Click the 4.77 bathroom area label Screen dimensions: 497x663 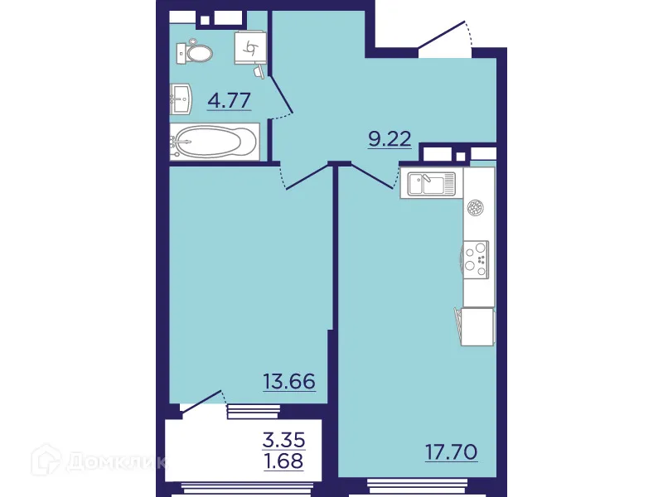pyautogui.click(x=230, y=102)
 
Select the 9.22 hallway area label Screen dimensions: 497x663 pyautogui.click(x=390, y=139)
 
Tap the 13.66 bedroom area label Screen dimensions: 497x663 pyautogui.click(x=289, y=382)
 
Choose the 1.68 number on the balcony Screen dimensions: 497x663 pyautogui.click(x=283, y=460)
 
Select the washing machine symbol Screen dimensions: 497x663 pyautogui.click(x=249, y=48)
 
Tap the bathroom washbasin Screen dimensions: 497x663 pyautogui.click(x=181, y=99)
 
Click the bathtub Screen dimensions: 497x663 pyautogui.click(x=215, y=142)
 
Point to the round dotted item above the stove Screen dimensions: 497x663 pyautogui.click(x=475, y=208)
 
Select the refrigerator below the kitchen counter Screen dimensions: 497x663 pyautogui.click(x=477, y=326)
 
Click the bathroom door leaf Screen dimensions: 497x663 pyautogui.click(x=281, y=92)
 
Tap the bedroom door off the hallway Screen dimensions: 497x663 pyautogui.click(x=307, y=176)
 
